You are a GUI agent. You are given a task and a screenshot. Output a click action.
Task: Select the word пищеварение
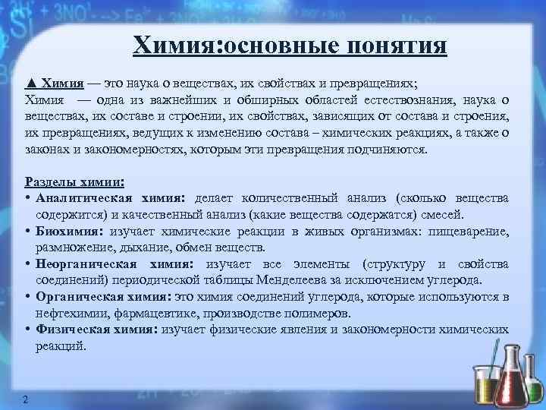click(469, 231)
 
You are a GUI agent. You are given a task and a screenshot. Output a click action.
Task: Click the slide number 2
click(26, 400)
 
